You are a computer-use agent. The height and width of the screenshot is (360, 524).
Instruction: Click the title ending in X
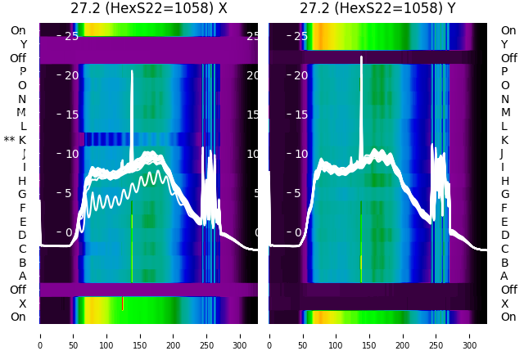pos(148,9)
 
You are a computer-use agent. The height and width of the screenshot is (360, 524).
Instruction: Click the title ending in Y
pos(378,9)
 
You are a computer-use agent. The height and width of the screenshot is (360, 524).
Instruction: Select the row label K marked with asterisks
pos(22,140)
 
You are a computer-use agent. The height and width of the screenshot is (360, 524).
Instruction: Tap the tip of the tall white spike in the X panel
pos(132,71)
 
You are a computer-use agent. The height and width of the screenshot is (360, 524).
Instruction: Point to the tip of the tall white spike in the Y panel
pos(361,57)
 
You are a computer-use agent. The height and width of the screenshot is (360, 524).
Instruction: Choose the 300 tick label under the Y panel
pos(470,345)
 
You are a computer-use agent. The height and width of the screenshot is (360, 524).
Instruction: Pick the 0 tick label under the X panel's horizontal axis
pos(40,345)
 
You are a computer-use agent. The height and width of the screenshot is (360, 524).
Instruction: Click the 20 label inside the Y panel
pos(300,75)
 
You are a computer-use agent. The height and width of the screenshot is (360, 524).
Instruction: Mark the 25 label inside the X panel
pos(70,36)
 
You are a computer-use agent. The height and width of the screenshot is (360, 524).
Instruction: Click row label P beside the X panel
pos(22,71)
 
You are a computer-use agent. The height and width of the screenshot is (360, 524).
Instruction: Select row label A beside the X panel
pos(22,276)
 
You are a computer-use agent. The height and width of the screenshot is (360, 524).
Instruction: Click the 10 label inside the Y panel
pos(300,154)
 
